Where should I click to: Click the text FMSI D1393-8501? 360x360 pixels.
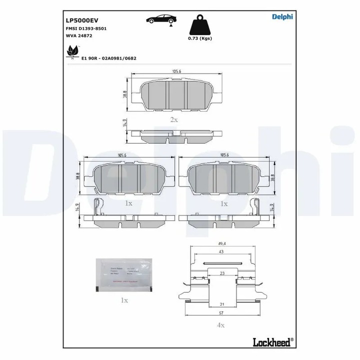coord(86,28)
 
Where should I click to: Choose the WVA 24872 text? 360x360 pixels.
coord(79,35)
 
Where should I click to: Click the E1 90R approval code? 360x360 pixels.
coord(108,58)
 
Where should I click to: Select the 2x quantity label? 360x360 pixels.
coord(174,119)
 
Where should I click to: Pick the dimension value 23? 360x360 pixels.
coord(222,273)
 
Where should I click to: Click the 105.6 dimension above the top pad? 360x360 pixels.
coord(176,72)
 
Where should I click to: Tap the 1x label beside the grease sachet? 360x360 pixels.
coord(124,300)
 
